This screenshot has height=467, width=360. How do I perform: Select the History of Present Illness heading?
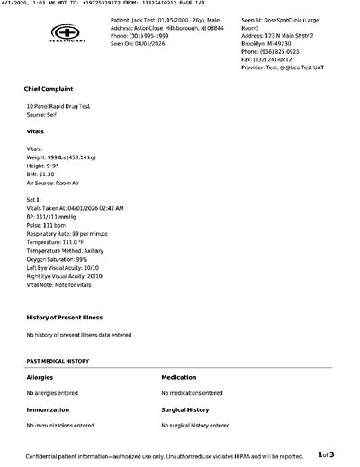pyautogui.click(x=64, y=318)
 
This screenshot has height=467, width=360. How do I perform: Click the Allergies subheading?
pyautogui.click(x=40, y=377)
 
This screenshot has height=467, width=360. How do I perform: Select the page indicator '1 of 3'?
pyautogui.click(x=327, y=454)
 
